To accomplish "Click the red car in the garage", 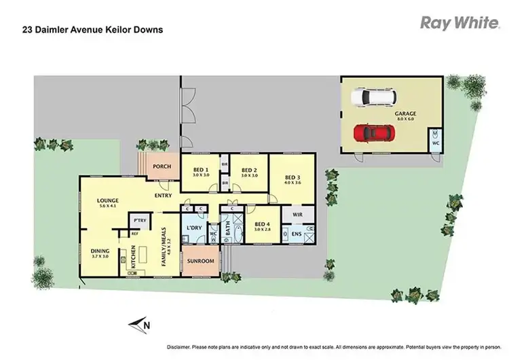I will [x=370, y=132].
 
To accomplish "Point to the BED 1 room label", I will [x=200, y=170].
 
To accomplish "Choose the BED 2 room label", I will [x=249, y=170].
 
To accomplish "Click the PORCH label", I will [x=162, y=166].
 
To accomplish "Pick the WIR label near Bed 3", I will [x=297, y=215].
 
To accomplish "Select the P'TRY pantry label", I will [x=140, y=221].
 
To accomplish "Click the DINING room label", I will [x=100, y=251].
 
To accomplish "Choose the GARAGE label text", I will [x=407, y=113].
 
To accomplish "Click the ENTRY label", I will [x=162, y=196].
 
